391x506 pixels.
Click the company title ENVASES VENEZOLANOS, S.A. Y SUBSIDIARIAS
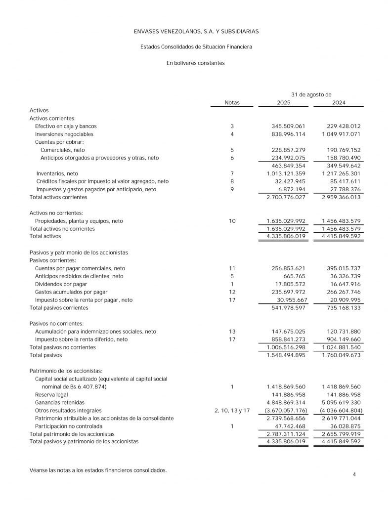click(x=196, y=31)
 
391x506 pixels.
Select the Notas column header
click(x=232, y=102)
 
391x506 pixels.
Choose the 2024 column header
click(x=339, y=102)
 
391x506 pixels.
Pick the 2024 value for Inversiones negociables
click(x=341, y=134)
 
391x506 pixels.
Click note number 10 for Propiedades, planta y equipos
click(x=232, y=221)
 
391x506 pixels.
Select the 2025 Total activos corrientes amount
click(x=287, y=197)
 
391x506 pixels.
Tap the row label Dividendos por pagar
click(x=61, y=284)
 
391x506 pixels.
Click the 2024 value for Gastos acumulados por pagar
click(x=341, y=292)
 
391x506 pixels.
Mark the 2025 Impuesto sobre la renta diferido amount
click(x=287, y=339)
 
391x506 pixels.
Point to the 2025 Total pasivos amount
click(x=287, y=355)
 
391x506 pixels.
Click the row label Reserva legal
click(x=51, y=394)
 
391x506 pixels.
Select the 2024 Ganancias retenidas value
click(x=341, y=402)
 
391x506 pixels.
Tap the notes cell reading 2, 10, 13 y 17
click(x=232, y=410)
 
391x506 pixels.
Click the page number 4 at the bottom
click(x=354, y=475)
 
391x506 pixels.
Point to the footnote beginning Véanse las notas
click(x=98, y=470)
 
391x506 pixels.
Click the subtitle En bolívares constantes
click(x=196, y=63)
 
